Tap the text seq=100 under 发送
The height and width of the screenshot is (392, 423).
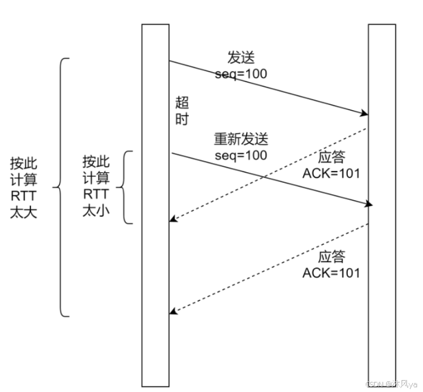point(241,74)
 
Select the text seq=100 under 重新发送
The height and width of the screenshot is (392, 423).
point(241,155)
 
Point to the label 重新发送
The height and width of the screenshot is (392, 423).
point(241,139)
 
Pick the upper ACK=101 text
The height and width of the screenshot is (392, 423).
point(331,174)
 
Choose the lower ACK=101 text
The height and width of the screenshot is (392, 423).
point(331,273)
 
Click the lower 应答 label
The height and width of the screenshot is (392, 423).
point(331,257)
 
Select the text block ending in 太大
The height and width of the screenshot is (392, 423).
point(24,187)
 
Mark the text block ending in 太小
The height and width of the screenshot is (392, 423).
point(96,186)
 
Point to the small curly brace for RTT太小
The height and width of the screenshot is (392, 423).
point(124,187)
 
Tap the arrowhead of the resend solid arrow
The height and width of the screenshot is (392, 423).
point(369,205)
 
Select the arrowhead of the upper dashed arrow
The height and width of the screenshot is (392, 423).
point(173,219)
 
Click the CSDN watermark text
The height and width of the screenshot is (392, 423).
point(391,385)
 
